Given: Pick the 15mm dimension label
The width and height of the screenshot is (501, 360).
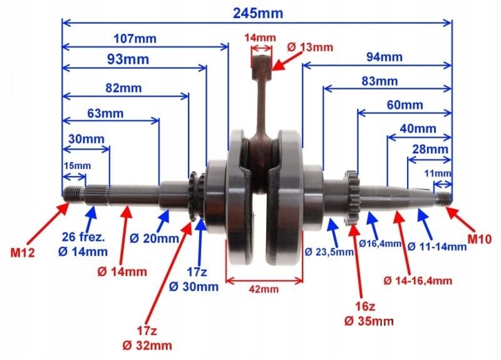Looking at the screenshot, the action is point(78,166).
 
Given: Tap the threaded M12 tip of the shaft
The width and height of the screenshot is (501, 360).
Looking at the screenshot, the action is point(73,193).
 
